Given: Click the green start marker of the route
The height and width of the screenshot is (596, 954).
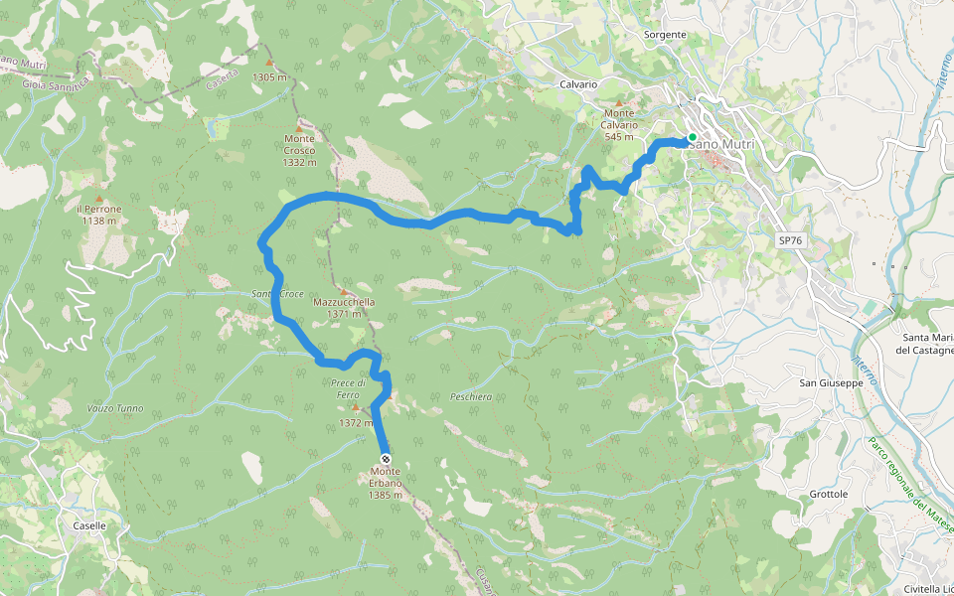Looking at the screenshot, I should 692,137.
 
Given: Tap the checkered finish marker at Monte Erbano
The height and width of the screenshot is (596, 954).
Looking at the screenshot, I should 386,459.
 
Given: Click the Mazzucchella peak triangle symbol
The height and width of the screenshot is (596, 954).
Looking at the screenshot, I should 344,291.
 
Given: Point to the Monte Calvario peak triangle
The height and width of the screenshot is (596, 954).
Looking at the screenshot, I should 620,102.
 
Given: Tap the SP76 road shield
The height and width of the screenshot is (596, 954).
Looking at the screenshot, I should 789,240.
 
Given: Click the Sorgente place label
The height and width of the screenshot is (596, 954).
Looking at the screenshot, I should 665,35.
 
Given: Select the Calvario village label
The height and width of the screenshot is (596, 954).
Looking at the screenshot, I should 577,84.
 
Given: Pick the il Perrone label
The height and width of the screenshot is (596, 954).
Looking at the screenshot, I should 99,209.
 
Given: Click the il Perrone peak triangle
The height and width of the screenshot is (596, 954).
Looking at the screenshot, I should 98,184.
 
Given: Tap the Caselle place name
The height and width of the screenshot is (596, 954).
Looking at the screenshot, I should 89,525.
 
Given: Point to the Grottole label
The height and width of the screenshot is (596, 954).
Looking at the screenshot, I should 829,494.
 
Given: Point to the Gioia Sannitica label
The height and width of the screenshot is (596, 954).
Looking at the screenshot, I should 55,85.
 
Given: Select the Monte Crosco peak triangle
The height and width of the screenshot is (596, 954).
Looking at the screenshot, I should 298,127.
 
